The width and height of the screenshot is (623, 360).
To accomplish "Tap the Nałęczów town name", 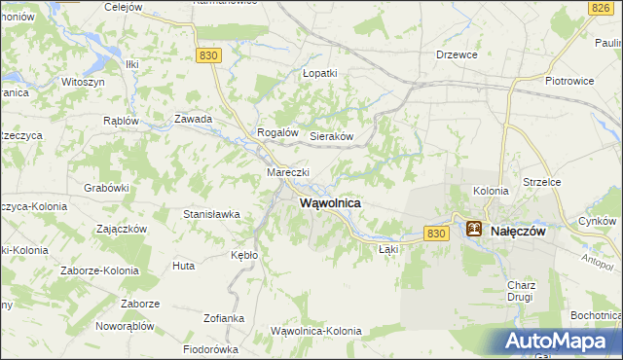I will [523, 232].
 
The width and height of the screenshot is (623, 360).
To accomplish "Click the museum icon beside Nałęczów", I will [474, 230].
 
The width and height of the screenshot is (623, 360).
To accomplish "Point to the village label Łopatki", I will [319, 73].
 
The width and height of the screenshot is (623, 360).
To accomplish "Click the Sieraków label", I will [330, 137].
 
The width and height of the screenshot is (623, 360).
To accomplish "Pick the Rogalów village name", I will [275, 132].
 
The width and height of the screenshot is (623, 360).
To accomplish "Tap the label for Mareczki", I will [287, 172].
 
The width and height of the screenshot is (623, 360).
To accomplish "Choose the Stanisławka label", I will [211, 214].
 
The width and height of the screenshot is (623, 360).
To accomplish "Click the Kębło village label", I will [244, 254].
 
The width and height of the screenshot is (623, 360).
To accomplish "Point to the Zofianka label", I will [224, 318].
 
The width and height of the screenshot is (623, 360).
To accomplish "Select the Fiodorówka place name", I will [211, 348].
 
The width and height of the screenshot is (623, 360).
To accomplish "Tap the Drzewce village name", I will [457, 54].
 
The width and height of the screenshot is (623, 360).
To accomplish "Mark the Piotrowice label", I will [570, 82].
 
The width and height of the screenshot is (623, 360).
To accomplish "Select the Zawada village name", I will [193, 119].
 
